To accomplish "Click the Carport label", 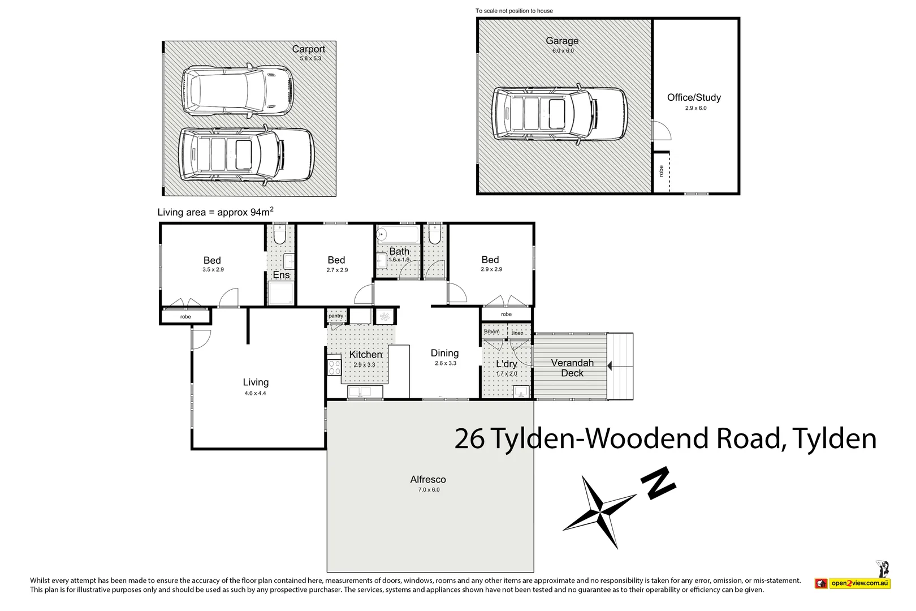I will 308,49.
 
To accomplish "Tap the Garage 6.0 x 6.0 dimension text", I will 563,51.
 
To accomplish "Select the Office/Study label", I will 694,97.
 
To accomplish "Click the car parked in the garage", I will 559,114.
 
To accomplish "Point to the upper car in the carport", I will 237,91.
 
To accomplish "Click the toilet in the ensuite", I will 279,235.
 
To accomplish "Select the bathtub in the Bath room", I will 397,234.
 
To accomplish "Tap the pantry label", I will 336,316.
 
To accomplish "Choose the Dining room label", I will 444,353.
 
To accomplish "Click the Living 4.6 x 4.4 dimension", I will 255,393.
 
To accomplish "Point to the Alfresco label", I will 428,479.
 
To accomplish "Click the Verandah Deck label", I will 572,368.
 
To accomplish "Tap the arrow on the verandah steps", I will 610,366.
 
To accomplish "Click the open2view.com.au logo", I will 853,583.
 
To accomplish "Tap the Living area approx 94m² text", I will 215,212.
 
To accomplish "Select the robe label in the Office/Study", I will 661,171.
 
